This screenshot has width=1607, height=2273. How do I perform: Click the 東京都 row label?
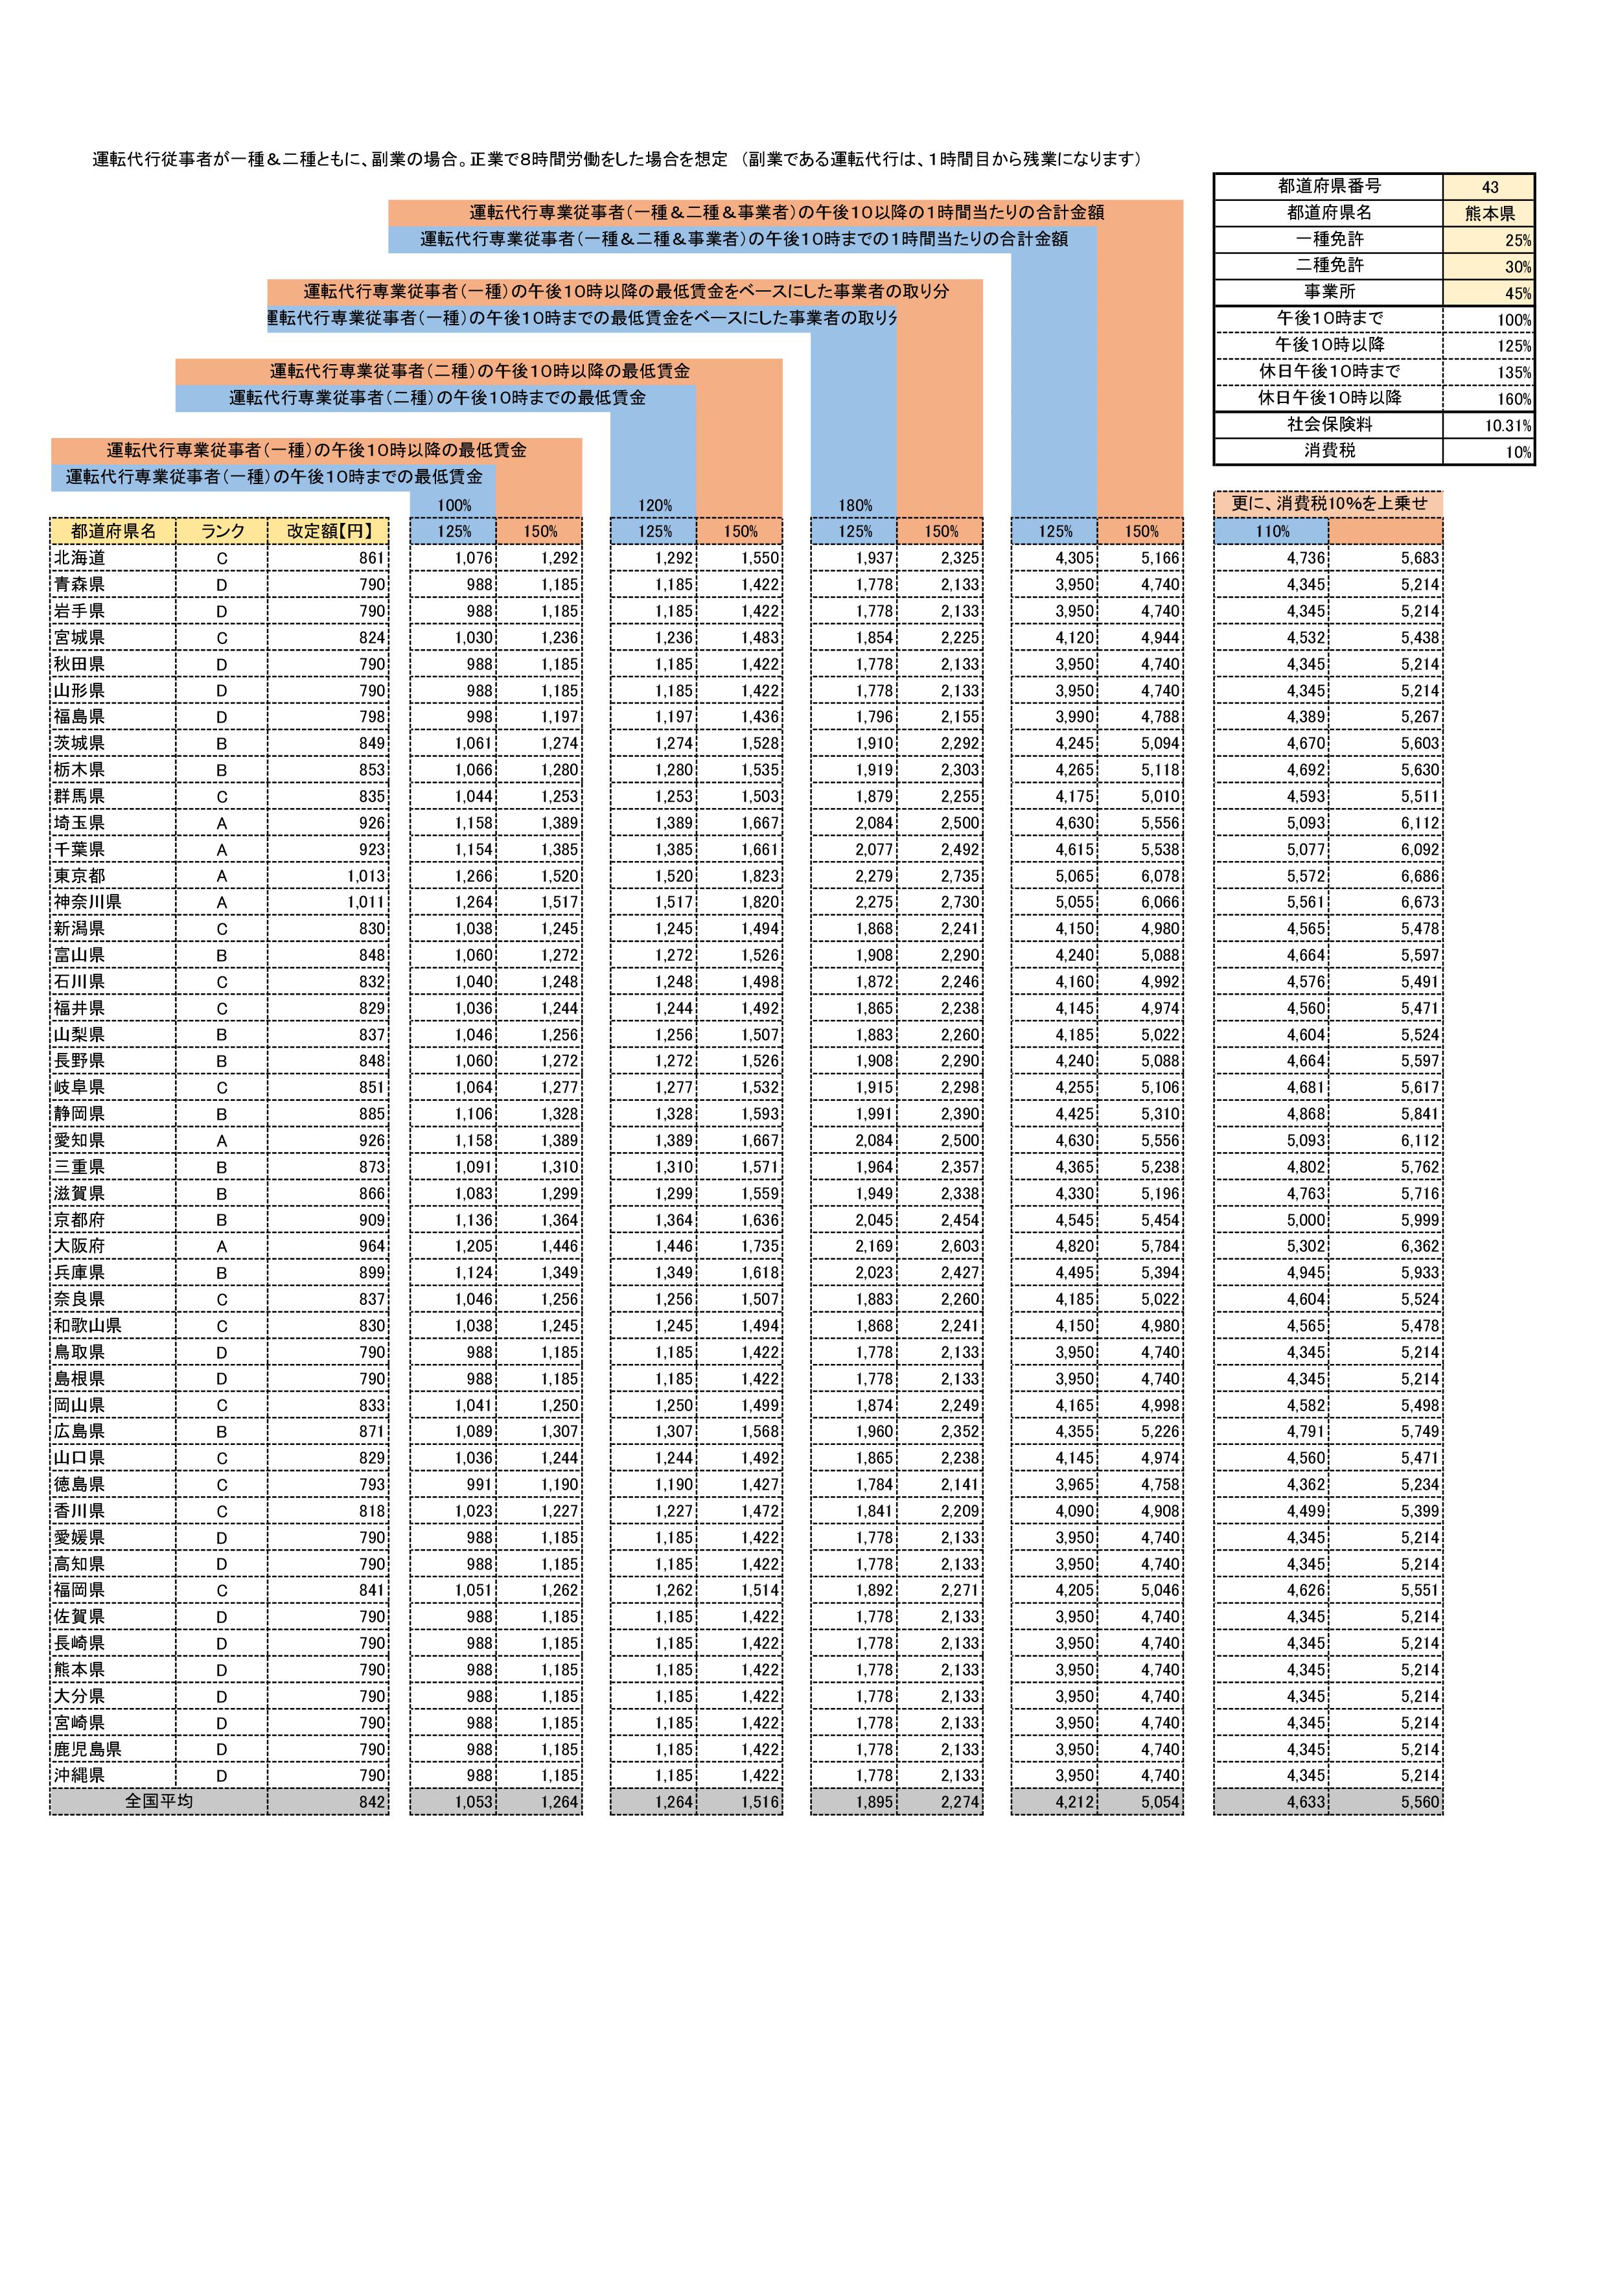79,876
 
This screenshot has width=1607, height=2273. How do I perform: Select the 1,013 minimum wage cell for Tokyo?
365,876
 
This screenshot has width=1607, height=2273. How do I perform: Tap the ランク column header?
222,531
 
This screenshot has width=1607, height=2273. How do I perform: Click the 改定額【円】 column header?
329,531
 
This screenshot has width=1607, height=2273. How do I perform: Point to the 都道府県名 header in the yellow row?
113,531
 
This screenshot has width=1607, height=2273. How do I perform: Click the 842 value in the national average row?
373,1802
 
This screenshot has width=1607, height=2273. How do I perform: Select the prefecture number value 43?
1489,187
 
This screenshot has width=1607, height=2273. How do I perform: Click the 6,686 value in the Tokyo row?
1419,876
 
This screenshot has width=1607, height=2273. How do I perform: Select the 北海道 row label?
79,559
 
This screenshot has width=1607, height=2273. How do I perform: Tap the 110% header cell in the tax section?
1273,531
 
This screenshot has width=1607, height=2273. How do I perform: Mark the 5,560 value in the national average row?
1419,1802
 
